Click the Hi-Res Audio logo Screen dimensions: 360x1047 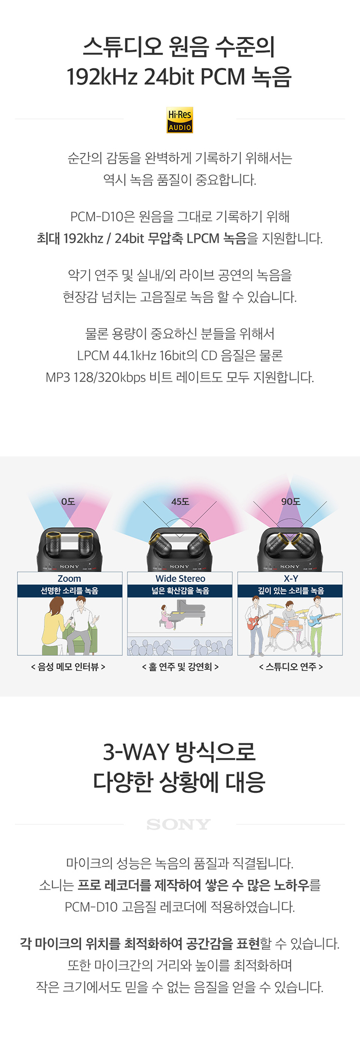179,120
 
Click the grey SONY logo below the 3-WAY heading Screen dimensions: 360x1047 178,825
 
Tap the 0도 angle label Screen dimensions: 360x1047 68,502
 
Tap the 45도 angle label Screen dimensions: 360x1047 180,502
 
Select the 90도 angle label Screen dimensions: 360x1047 291,502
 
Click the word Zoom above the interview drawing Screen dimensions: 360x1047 69,579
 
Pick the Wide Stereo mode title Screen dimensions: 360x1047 181,579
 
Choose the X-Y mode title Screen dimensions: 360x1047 291,579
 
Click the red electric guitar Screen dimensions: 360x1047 259,620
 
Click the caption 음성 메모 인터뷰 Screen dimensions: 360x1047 69,667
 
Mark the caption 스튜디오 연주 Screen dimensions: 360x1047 291,667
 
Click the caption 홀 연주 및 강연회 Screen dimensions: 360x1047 181,667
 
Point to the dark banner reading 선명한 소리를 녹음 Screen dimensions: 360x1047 70,591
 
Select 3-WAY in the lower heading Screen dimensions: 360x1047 136,752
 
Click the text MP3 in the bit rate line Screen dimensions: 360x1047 58,377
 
